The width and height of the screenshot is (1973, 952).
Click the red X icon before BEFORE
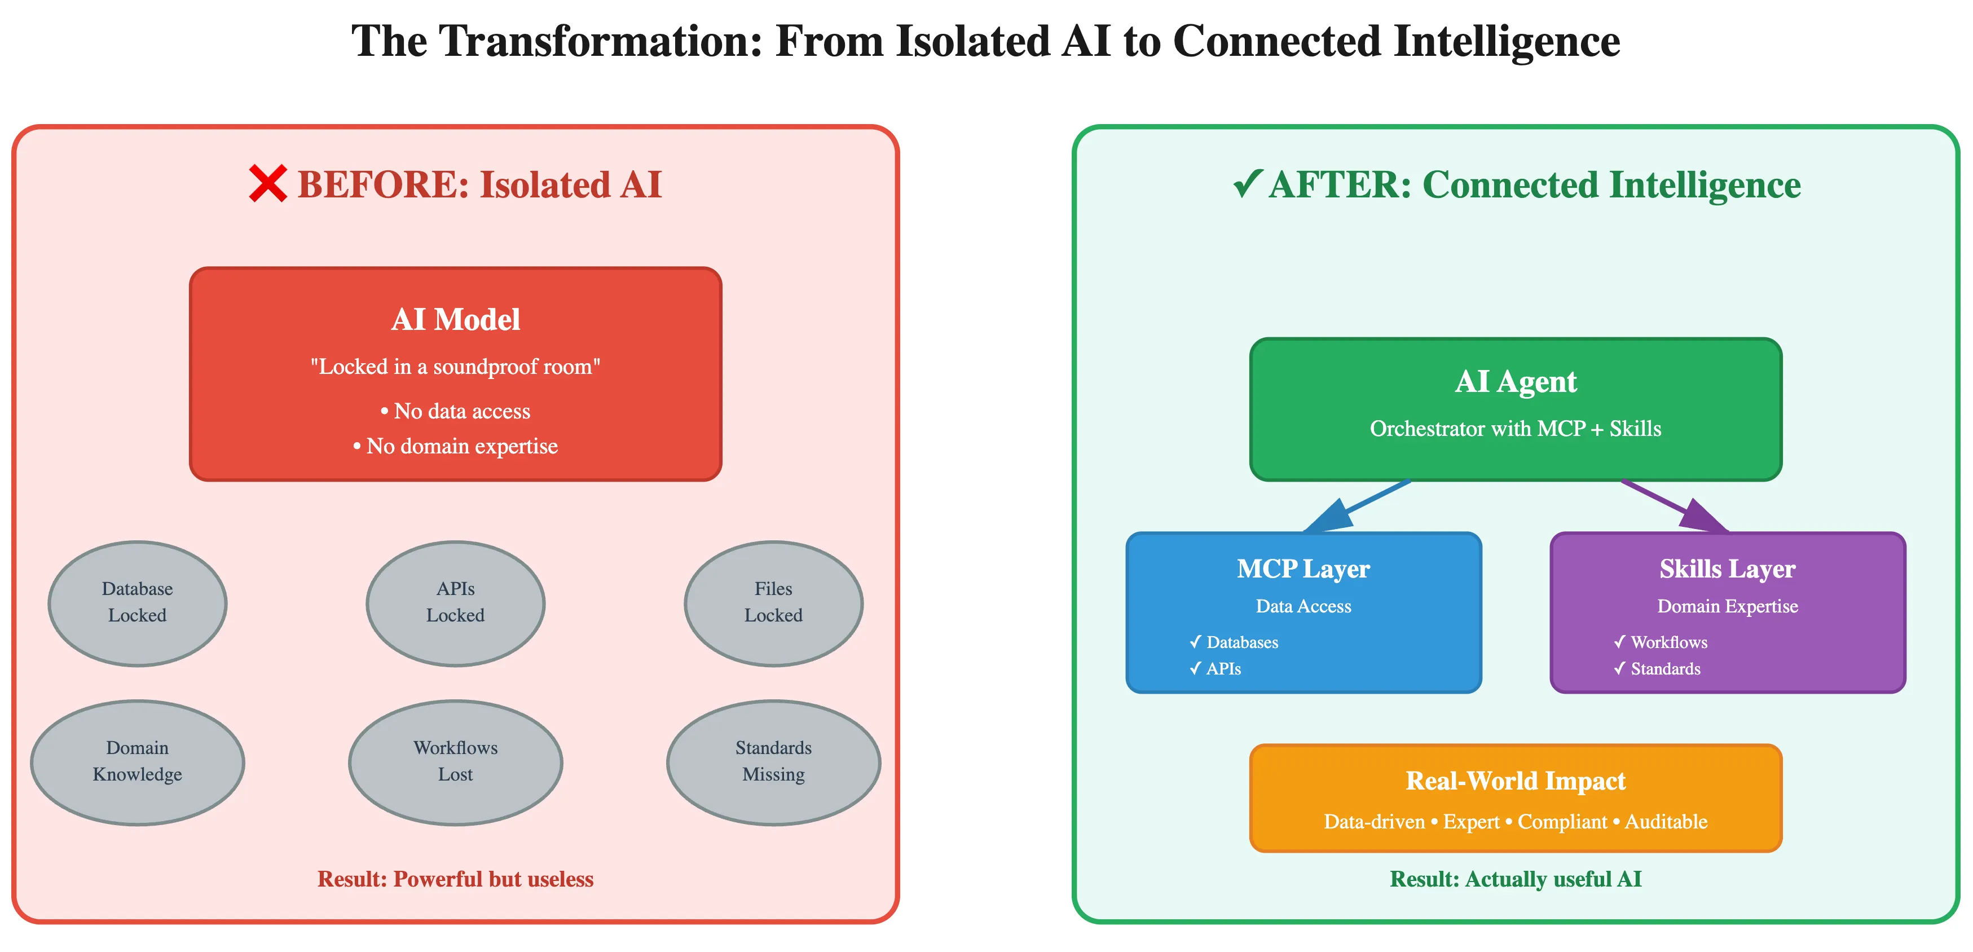[x=268, y=184]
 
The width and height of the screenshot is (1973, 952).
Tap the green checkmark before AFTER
[x=1247, y=184]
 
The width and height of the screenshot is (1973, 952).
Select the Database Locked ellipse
[x=137, y=603]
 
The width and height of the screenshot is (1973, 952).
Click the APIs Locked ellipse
[x=455, y=603]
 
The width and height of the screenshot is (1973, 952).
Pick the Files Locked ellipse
[x=773, y=603]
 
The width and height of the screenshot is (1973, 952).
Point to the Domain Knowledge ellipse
[x=137, y=762]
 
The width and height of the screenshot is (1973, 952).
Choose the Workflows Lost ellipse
[x=455, y=762]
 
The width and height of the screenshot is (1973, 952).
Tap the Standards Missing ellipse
[x=773, y=762]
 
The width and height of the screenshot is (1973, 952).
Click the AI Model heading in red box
[x=455, y=319]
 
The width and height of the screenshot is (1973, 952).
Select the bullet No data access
[x=455, y=411]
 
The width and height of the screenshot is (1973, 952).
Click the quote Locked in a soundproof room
[x=455, y=367]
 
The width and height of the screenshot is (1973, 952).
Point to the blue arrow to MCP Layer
[x=1356, y=507]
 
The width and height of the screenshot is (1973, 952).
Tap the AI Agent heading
[x=1515, y=381]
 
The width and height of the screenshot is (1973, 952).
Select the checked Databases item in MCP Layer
[x=1234, y=642]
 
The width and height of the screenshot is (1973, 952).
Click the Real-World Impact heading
[x=1515, y=781]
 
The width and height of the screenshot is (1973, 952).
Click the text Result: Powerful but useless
[x=455, y=879]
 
